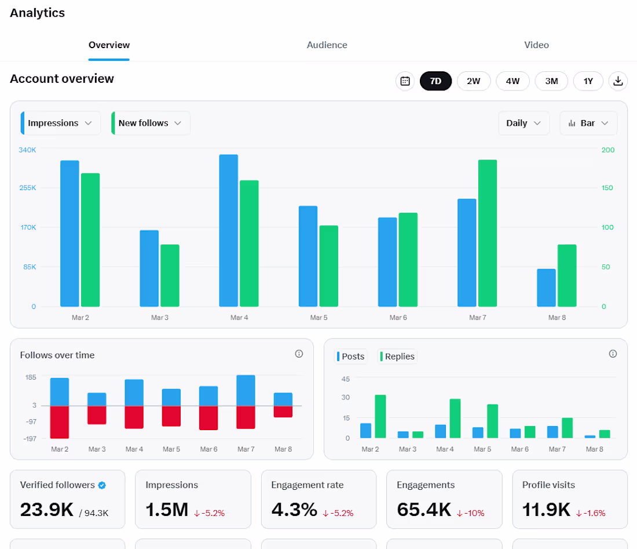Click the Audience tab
[x=327, y=45]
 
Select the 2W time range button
[x=473, y=81]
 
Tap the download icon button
[x=618, y=81]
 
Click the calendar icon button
[x=405, y=81]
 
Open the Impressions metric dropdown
[x=61, y=123]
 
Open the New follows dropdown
[x=151, y=123]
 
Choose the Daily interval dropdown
[x=523, y=123]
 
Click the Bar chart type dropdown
[x=588, y=123]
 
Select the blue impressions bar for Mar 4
[x=229, y=231]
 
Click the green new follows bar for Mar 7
[x=488, y=233]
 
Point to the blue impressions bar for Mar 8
[x=547, y=288]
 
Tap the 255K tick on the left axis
[x=28, y=188]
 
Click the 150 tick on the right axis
[x=607, y=188]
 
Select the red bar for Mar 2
[x=59, y=422]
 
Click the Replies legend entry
[x=397, y=356]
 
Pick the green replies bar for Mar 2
[x=380, y=416]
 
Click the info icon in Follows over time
[x=299, y=354]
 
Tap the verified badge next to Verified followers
[x=102, y=485]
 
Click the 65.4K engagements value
[x=424, y=510]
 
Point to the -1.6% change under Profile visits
[x=591, y=513]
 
